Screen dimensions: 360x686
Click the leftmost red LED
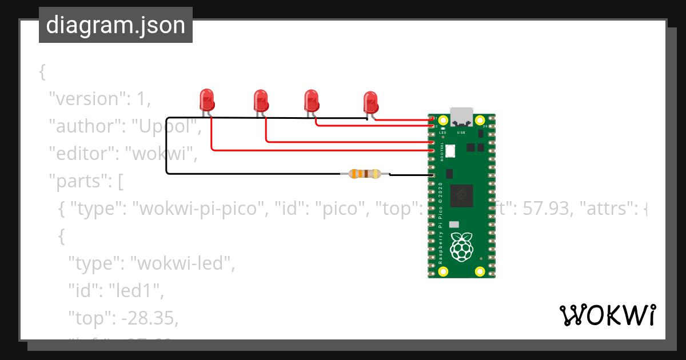[x=206, y=100]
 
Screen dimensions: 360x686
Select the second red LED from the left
[x=261, y=101]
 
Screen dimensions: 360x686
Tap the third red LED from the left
[x=311, y=101]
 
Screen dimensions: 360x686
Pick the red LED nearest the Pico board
[x=370, y=102]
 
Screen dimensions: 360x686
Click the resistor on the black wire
[x=364, y=174]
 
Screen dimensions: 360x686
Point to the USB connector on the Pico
[x=461, y=117]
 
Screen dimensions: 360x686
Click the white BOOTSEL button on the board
[x=450, y=151]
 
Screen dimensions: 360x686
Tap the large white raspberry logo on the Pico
[x=462, y=247]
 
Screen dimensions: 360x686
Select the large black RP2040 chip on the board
[x=461, y=196]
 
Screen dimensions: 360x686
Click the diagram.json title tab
[x=115, y=25]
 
